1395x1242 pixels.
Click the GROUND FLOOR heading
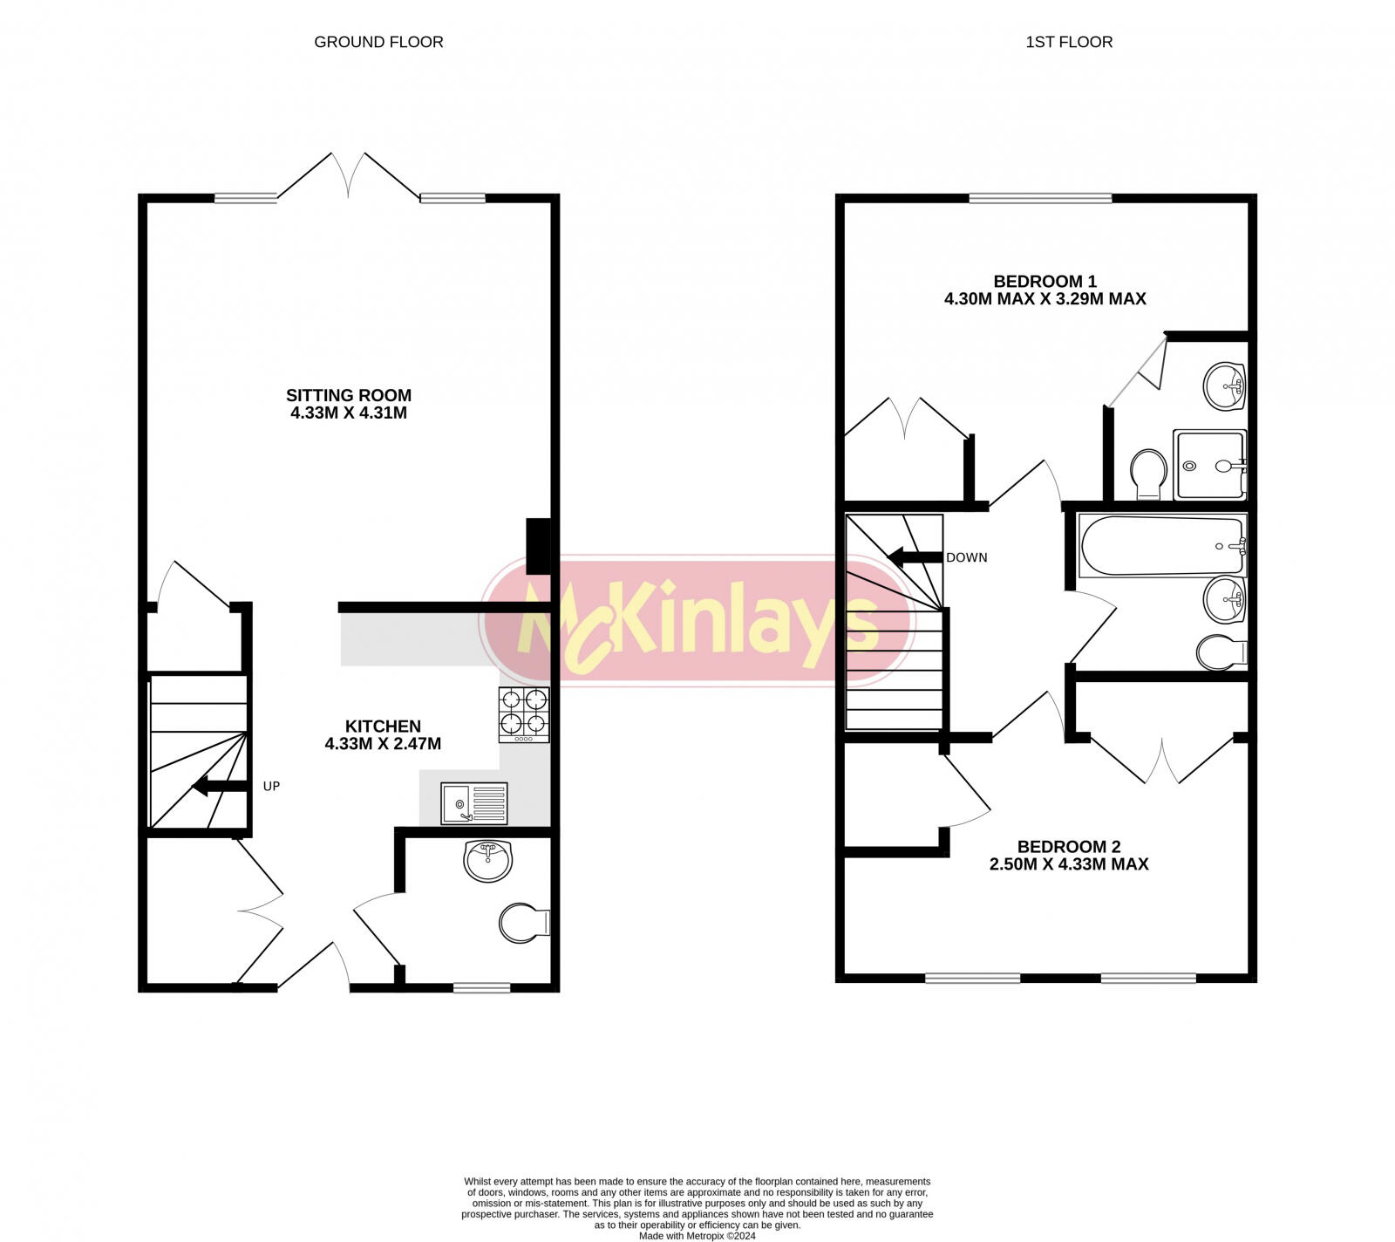(x=378, y=42)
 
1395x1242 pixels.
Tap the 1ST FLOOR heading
(x=1069, y=42)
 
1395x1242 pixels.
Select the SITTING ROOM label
(x=349, y=395)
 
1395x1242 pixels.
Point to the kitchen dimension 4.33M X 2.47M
(x=383, y=744)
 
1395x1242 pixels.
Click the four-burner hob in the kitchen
(x=524, y=714)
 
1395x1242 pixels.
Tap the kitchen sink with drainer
(x=473, y=802)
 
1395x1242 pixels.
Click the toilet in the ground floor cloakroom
(x=524, y=922)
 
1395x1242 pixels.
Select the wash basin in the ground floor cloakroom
(x=489, y=861)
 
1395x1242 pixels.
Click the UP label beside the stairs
(x=271, y=786)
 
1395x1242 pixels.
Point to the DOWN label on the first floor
(x=967, y=557)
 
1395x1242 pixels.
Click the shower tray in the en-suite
(x=1211, y=465)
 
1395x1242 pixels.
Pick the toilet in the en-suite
(x=1149, y=474)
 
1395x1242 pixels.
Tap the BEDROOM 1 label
(x=1045, y=281)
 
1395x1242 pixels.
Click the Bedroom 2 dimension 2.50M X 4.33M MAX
(x=1069, y=864)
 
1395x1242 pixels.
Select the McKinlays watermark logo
(x=696, y=619)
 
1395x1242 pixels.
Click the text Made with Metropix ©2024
(x=697, y=1236)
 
